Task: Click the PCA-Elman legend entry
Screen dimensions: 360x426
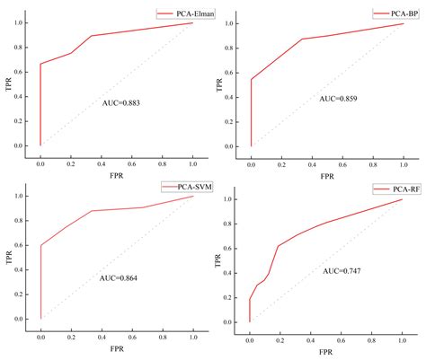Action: [177, 13]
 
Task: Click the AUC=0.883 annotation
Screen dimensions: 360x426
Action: [122, 103]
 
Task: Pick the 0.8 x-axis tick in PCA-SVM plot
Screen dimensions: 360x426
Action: [163, 329]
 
